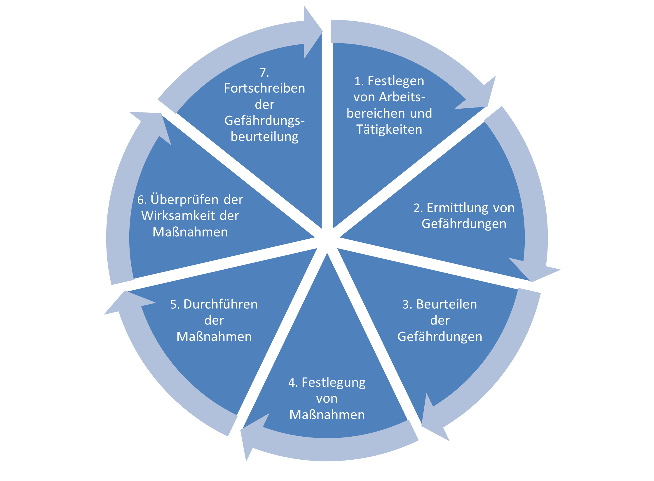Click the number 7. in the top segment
pyautogui.click(x=264, y=73)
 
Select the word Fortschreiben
pyautogui.click(x=264, y=88)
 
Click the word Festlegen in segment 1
pyautogui.click(x=396, y=81)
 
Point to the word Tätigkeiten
pyautogui.click(x=389, y=129)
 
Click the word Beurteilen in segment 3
pyautogui.click(x=447, y=304)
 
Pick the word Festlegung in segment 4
pyautogui.click(x=333, y=383)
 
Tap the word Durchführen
pyautogui.click(x=221, y=304)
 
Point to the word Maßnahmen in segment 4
pyautogui.click(x=327, y=415)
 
